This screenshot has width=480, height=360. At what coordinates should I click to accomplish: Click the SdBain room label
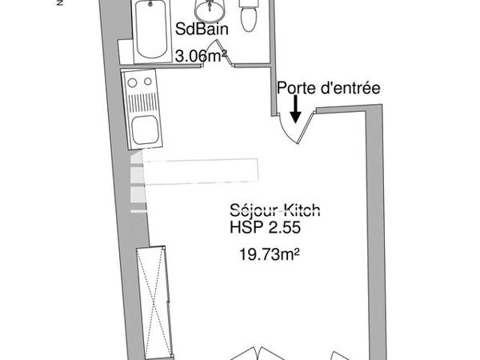pos(202,30)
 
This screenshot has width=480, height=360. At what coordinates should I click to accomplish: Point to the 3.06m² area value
pos(201,55)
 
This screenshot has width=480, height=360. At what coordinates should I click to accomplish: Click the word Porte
pos(295,88)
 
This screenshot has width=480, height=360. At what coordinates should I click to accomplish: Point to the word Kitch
pos(303,211)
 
